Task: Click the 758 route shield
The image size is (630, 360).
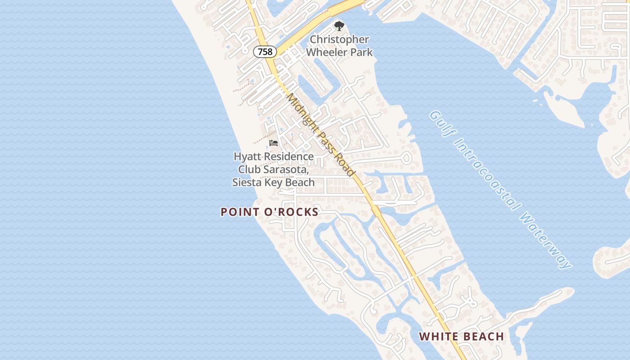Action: [x=265, y=52]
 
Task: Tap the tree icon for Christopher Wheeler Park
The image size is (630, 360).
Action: [x=339, y=26]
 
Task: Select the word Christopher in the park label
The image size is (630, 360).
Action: [x=339, y=40]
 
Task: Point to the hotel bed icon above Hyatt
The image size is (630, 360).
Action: [x=274, y=143]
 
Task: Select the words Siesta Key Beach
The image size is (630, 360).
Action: [x=273, y=182]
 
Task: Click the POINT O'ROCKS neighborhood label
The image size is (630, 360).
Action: [x=270, y=212]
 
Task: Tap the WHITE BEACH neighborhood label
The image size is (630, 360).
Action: [x=461, y=336]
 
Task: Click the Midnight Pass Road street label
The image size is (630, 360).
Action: [x=322, y=135]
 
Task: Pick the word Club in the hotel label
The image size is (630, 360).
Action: [x=249, y=170]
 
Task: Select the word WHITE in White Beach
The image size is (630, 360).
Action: [x=439, y=336]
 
